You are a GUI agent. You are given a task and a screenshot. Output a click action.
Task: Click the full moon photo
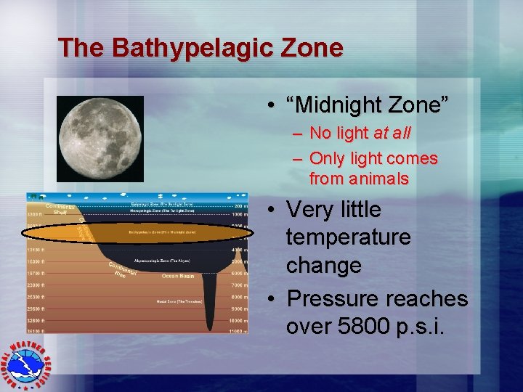100,139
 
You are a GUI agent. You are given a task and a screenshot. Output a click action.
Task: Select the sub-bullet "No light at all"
360,134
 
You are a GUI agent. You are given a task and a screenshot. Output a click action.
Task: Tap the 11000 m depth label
235,330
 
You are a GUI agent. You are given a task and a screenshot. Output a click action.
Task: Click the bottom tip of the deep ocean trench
210,328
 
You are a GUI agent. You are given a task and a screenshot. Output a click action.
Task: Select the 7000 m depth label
237,285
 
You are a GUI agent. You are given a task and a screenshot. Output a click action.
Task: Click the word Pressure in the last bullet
332,298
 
